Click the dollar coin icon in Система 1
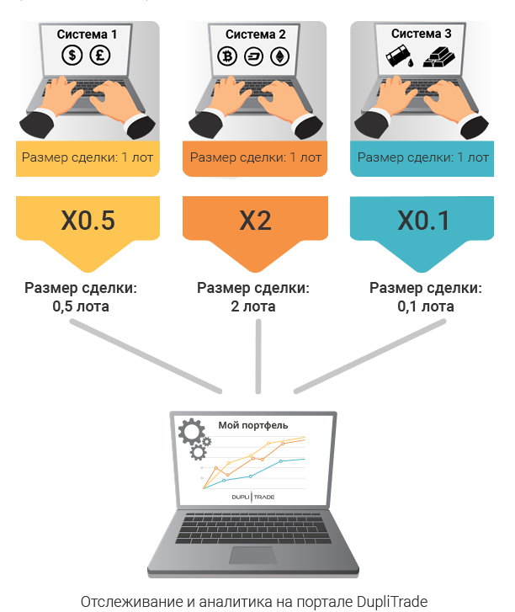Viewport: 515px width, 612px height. pyautogui.click(x=72, y=55)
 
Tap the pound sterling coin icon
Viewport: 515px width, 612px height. pyautogui.click(x=100, y=55)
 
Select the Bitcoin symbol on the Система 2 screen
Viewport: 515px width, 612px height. pyautogui.click(x=227, y=56)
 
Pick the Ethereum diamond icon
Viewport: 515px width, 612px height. pyautogui.click(x=279, y=56)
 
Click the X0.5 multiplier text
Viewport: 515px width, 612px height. pyautogui.click(x=88, y=221)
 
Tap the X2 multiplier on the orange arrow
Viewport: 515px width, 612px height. pyautogui.click(x=255, y=221)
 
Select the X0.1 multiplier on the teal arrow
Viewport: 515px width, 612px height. pyautogui.click(x=423, y=221)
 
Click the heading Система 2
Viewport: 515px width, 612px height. pyautogui.click(x=256, y=35)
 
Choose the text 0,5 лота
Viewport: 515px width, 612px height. pyautogui.click(x=81, y=306)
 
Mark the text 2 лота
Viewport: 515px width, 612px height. pyautogui.click(x=253, y=306)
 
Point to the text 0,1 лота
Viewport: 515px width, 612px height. pyautogui.click(x=426, y=306)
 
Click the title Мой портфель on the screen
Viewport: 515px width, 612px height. pyautogui.click(x=253, y=425)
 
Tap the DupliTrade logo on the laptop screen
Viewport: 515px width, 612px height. pyautogui.click(x=253, y=497)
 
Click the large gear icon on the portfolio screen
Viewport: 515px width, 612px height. pyautogui.click(x=191, y=431)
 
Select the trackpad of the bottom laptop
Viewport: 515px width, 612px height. pyautogui.click(x=252, y=556)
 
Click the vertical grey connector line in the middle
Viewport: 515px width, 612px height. pyautogui.click(x=257, y=356)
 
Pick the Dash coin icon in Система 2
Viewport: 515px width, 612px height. pyautogui.click(x=253, y=56)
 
